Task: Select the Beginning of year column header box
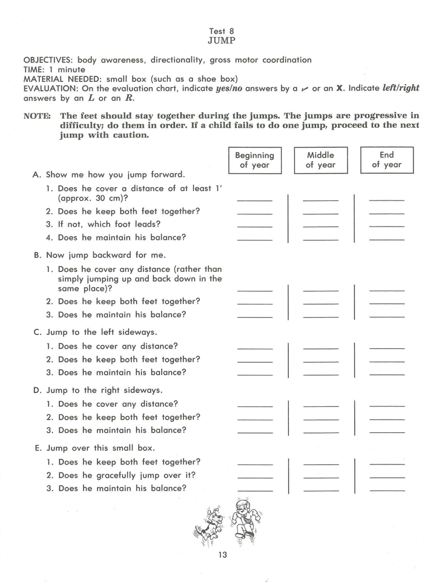coord(255,160)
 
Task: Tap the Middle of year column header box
coord(320,160)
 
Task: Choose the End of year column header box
coord(386,160)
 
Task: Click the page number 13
coord(220,555)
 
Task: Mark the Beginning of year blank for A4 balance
coord(255,239)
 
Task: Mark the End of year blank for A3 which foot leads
coord(386,226)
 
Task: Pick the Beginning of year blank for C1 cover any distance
coord(255,348)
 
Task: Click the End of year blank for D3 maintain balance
coord(386,432)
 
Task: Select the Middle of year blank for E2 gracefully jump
coord(320,477)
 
